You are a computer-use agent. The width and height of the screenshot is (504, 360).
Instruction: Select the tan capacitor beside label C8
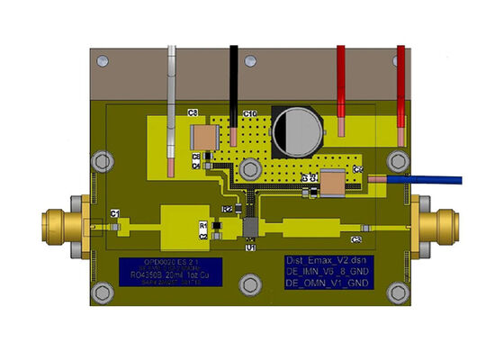coord(205,138)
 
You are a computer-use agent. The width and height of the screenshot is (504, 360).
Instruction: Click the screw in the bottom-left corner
coord(103,292)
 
